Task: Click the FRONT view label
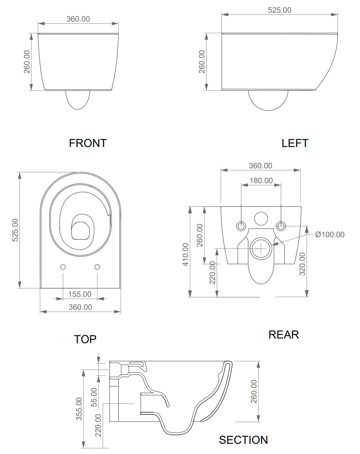coord(88,143)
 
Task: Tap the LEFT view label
coord(295,143)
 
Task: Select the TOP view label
coord(85,339)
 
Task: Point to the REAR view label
coord(284,335)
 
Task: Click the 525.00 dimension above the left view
coord(279,10)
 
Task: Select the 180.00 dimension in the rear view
coord(261,181)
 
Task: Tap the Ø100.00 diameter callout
coord(330,235)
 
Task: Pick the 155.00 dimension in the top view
coord(80,294)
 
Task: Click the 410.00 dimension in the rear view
coord(186,254)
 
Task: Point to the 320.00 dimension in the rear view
coord(302,264)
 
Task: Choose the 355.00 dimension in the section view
coord(79,409)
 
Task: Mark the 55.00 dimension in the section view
coord(94,397)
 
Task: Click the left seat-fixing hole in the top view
coord(63,267)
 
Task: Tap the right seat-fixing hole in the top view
coord(97,267)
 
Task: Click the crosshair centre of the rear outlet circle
coord(261,249)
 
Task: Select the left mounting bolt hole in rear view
coord(241,226)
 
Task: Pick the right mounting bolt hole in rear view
coord(281,226)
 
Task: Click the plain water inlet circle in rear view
coord(261,219)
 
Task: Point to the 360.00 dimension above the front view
coord(78,19)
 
